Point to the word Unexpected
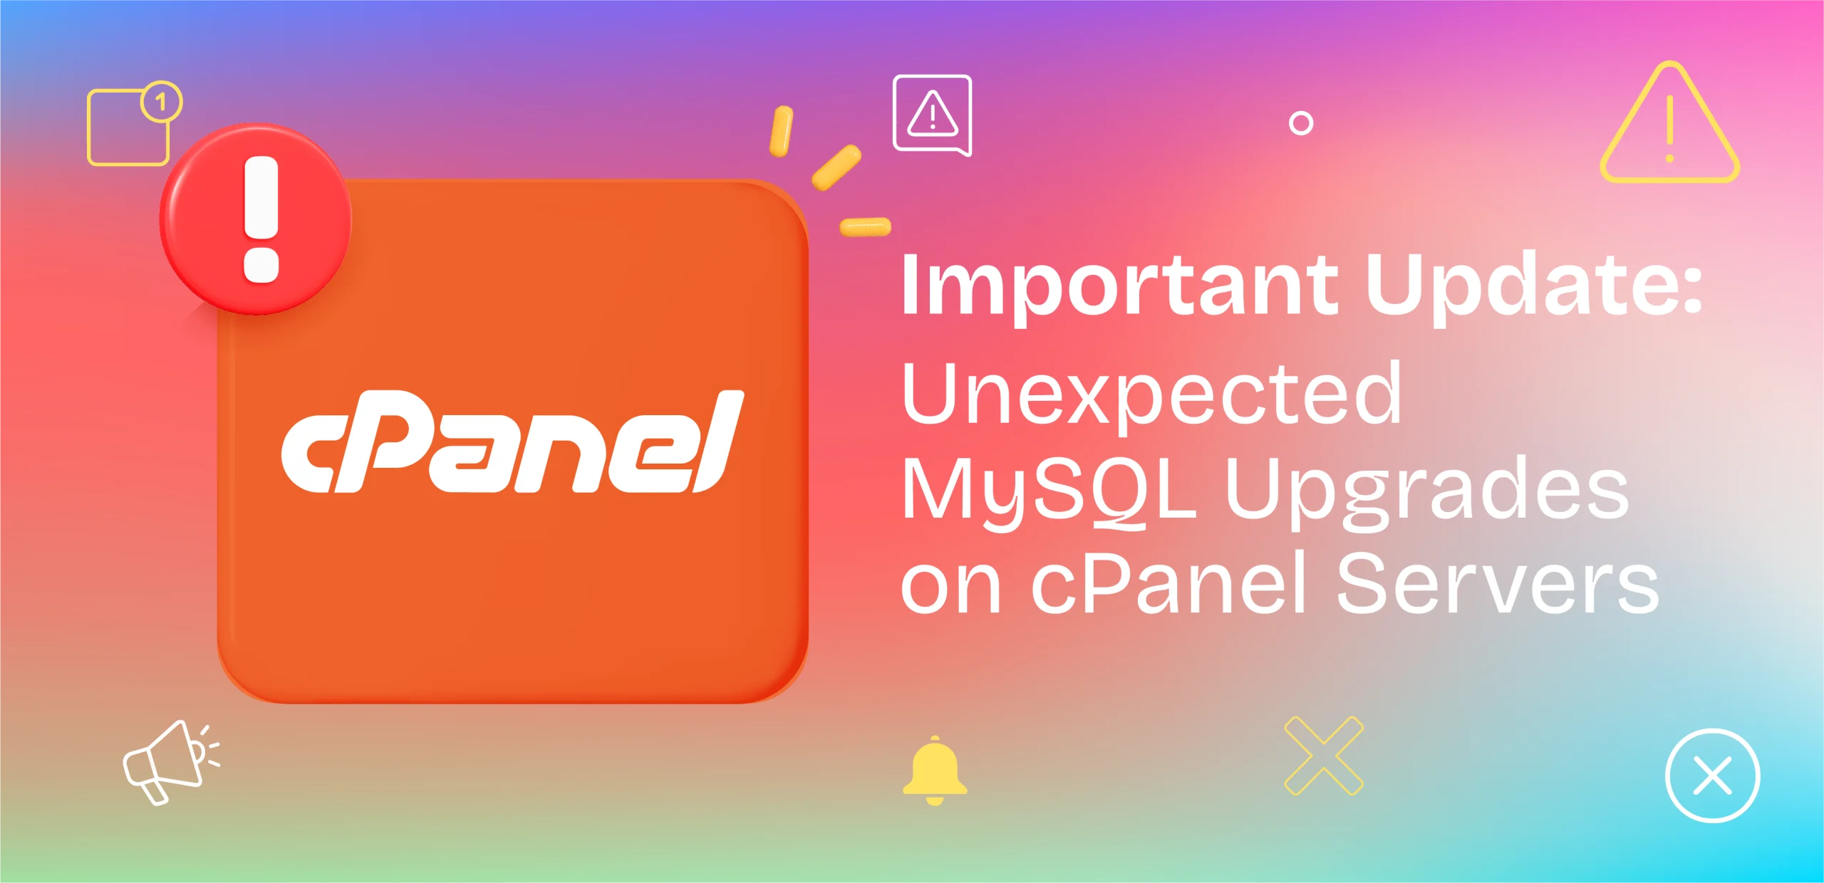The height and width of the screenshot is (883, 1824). click(1151, 396)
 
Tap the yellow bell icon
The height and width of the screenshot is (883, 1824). click(935, 770)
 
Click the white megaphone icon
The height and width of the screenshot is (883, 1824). click(170, 762)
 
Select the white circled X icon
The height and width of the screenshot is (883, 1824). click(1712, 775)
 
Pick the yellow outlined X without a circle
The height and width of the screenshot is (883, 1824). click(1324, 756)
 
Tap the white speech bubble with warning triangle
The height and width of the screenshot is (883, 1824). click(932, 114)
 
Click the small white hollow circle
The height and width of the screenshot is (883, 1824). click(1301, 123)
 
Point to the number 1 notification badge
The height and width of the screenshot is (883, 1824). click(162, 102)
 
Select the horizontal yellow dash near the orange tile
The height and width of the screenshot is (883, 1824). click(865, 226)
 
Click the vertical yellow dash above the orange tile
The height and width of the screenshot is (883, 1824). click(781, 131)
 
